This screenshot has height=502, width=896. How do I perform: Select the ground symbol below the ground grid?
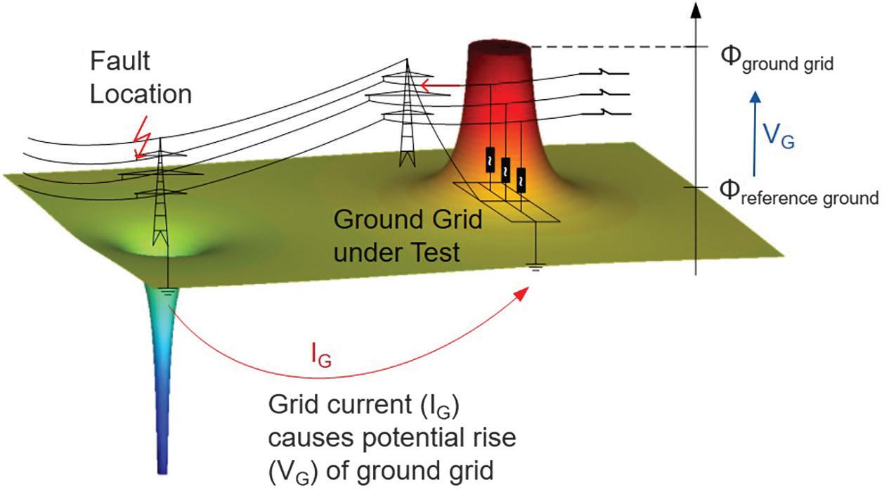pos(534,266)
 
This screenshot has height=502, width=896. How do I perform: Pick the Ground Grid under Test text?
pos(407,235)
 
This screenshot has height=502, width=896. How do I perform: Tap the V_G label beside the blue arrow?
pos(780,134)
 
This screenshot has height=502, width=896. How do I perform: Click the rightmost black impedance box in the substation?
pos(521,179)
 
